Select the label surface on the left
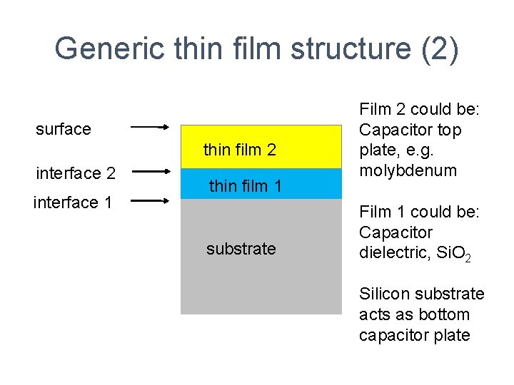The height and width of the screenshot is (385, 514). pyautogui.click(x=64, y=129)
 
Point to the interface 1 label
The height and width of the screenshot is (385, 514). pyautogui.click(x=73, y=202)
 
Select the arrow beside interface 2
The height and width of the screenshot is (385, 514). pyautogui.click(x=150, y=171)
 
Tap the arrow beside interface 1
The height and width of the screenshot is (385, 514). pyautogui.click(x=150, y=201)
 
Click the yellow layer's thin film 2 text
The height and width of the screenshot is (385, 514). pyautogui.click(x=239, y=150)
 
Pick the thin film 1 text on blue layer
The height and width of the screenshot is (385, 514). pyautogui.click(x=245, y=187)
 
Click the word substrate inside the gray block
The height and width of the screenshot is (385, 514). pyautogui.click(x=241, y=249)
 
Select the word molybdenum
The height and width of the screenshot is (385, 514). pyautogui.click(x=408, y=170)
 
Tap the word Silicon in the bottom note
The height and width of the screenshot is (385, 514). pyautogui.click(x=383, y=294)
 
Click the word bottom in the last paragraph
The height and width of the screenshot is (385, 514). pyautogui.click(x=444, y=314)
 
